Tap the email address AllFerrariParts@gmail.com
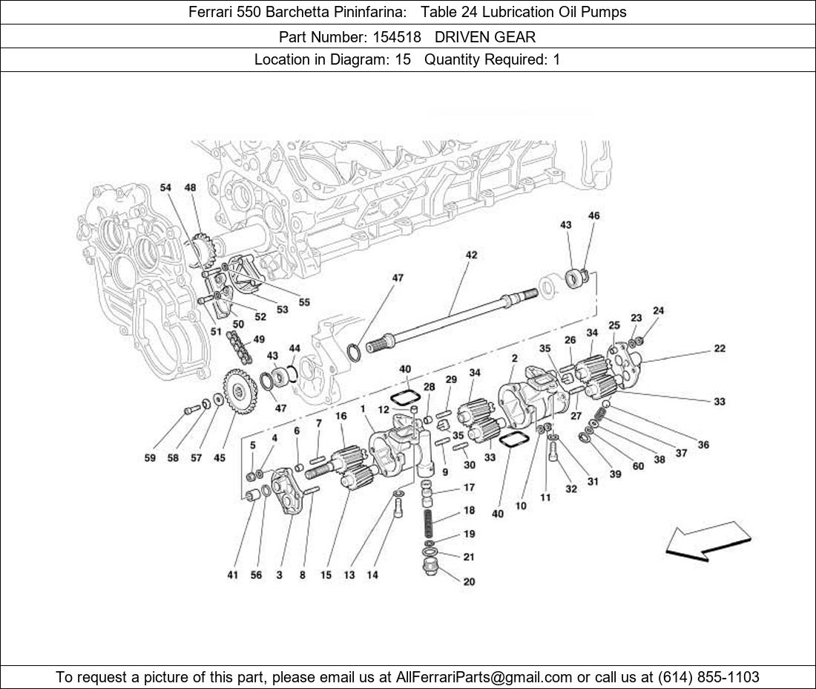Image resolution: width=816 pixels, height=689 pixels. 484,677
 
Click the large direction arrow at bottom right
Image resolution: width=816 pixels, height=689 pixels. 707,540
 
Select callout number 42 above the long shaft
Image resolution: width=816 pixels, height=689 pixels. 471,255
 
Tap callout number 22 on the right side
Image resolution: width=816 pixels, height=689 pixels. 720,348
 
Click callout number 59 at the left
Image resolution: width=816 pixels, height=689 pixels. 150,458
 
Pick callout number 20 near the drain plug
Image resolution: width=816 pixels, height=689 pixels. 469,582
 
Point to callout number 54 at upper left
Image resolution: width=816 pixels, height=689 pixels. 165,189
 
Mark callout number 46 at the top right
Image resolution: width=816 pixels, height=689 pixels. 593,216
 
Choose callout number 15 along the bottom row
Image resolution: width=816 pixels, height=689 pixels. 326,575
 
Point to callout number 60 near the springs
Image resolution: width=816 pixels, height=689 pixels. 638,466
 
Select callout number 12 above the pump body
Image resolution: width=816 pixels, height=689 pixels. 383,410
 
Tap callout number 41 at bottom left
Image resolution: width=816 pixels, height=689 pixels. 233,575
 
